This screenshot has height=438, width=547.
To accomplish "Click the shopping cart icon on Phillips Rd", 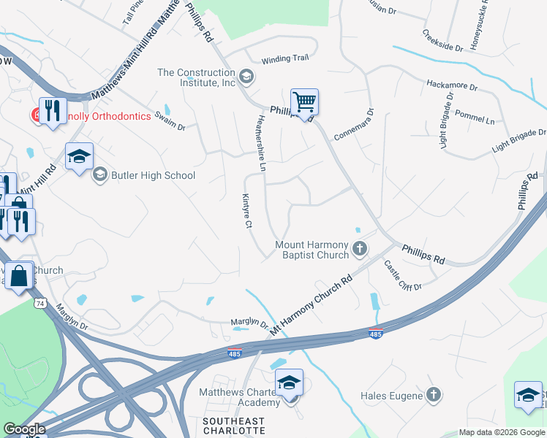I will click(x=303, y=101).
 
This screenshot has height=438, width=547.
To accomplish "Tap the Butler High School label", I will click(x=153, y=175).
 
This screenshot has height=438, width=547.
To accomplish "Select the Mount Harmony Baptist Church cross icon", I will click(x=359, y=250).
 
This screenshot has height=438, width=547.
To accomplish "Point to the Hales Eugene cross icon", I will click(x=434, y=396).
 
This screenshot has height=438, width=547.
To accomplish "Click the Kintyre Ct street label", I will click(x=247, y=212).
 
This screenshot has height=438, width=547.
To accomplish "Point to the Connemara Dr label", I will click(x=354, y=125).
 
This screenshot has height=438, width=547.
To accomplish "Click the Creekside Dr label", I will click(x=442, y=41).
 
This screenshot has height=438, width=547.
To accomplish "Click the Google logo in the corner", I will click(x=25, y=429).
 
